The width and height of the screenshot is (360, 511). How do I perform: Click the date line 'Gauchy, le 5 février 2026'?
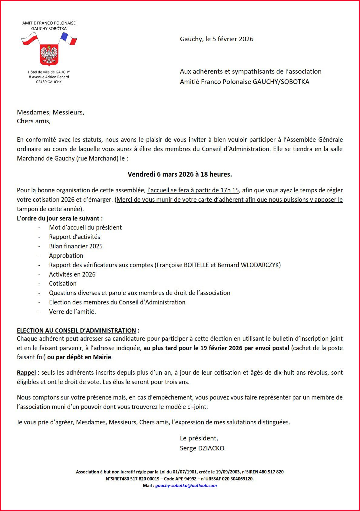tap(216, 39)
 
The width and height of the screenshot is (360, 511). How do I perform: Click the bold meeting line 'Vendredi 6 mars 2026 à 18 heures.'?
tap(180, 174)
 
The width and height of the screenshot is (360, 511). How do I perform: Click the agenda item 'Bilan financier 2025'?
tap(76, 246)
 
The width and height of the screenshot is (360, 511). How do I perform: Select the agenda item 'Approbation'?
tap(66, 256)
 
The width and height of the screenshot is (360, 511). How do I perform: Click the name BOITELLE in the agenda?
tap(196, 265)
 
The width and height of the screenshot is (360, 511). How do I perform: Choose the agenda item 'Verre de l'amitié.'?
tap(72, 312)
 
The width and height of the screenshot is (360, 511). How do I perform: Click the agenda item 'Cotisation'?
tap(63, 284)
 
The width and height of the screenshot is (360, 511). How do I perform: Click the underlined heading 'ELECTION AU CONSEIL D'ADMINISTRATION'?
tap(76, 330)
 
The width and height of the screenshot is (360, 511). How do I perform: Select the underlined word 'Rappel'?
tap(26, 373)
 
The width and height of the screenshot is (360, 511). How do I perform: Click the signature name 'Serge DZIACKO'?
tap(202, 448)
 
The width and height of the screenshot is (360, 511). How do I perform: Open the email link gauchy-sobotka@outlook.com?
tap(186, 486)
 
